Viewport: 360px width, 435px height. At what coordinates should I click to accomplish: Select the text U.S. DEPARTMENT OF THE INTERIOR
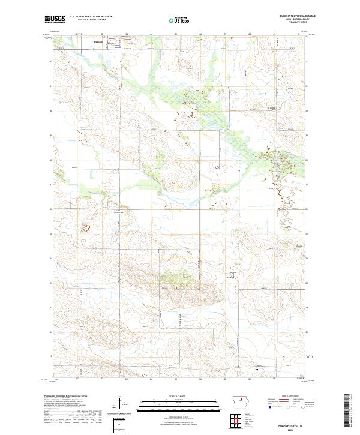(x=91, y=17)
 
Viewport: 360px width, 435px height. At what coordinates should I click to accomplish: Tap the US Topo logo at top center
(x=179, y=20)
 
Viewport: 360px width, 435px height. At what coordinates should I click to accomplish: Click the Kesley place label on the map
(x=230, y=278)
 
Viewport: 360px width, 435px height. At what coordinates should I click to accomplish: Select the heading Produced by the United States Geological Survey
(x=66, y=396)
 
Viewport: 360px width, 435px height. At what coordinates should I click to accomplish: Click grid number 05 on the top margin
(x=176, y=34)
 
